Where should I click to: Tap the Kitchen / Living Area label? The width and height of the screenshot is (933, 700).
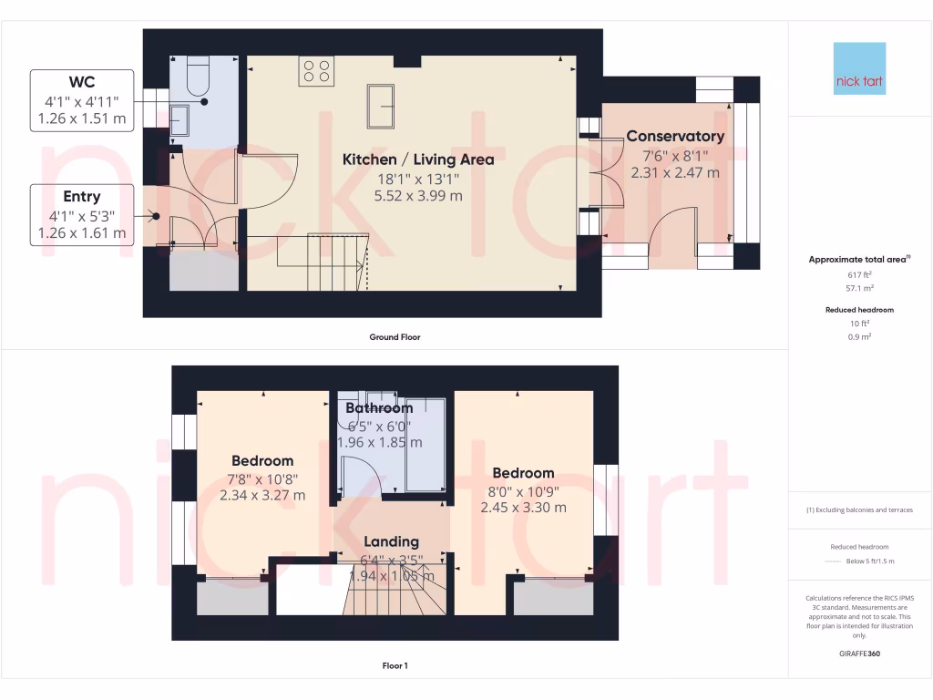[x=418, y=160]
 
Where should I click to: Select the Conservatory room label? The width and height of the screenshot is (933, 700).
[x=675, y=137]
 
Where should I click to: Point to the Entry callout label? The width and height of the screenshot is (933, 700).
[x=81, y=197]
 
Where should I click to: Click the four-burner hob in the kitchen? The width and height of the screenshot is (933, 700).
[x=317, y=71]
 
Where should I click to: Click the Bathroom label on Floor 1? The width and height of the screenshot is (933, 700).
[x=379, y=407]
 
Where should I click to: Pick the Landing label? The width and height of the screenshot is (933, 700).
[x=392, y=541]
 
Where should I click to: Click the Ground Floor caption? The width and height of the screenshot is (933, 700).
[x=395, y=337]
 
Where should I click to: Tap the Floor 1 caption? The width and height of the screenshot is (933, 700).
[x=395, y=666]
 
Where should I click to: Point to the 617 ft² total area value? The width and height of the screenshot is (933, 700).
[x=859, y=274]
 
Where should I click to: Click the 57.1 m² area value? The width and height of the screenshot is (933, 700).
[x=859, y=288]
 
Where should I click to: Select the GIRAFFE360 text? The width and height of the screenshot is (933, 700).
[x=859, y=654]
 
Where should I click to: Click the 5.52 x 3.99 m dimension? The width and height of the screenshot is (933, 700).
[x=418, y=195]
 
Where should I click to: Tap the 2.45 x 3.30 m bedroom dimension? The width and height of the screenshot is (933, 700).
[x=524, y=507]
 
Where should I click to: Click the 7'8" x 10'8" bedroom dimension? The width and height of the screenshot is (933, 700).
[x=262, y=479]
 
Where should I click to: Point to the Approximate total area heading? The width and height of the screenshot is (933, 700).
[x=858, y=260]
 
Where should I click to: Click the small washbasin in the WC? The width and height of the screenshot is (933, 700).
[x=180, y=118]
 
